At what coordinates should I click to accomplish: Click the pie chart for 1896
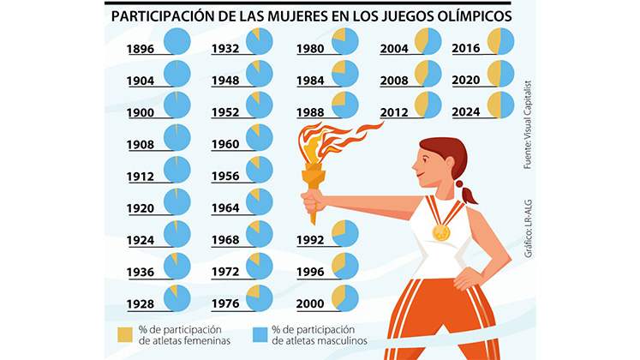(177, 40)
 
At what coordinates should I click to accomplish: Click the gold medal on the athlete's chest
(440, 232)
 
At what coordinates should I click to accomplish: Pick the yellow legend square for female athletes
(124, 334)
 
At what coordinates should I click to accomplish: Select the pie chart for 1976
(260, 297)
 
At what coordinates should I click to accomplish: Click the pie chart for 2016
(499, 40)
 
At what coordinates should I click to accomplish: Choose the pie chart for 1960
(260, 136)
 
